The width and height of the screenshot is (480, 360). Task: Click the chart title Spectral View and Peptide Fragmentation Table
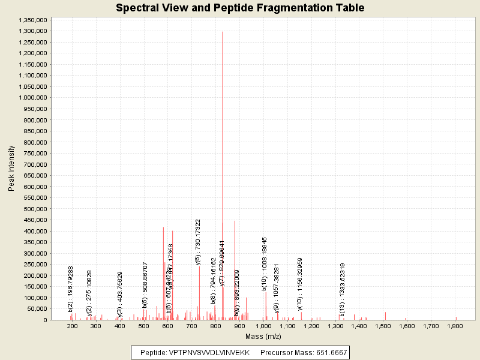240,8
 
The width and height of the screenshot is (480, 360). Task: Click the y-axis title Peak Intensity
11,170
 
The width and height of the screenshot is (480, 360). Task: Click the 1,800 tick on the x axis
455,326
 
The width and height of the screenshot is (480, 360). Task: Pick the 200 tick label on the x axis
73,326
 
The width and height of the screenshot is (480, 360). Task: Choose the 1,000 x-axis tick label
264,326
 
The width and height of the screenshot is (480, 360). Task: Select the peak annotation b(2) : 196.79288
71,289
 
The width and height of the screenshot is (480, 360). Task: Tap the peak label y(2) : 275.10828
89,292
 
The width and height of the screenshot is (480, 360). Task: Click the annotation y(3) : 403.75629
120,293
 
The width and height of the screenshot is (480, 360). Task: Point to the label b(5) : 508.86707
145,284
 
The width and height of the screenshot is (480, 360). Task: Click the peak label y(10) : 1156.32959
300,284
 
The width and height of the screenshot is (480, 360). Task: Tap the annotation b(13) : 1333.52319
342,289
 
